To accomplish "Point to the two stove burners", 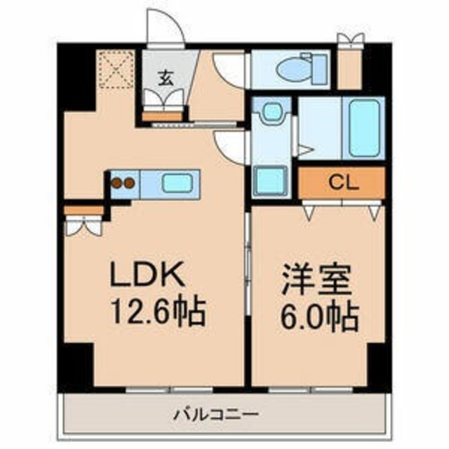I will tap(123, 184).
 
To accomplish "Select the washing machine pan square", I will tap(269, 181).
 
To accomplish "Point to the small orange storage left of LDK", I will tap(82, 210).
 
